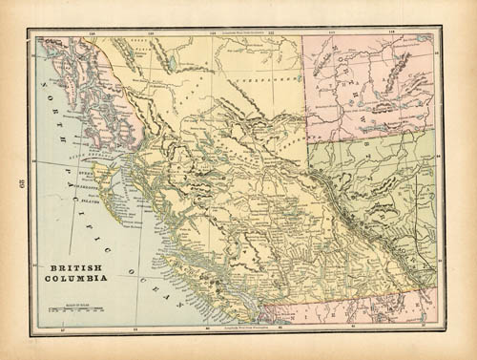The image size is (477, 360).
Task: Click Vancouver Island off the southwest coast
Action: click(191, 277)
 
